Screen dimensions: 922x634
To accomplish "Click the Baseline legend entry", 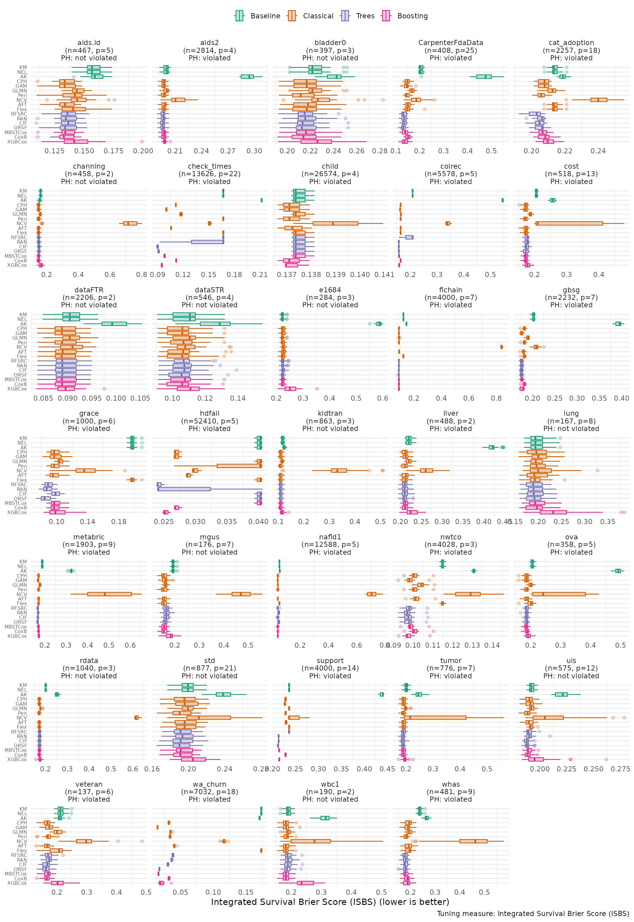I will [x=258, y=16].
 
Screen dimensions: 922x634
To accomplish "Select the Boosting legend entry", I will [x=404, y=16].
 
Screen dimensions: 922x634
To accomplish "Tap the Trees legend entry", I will [x=358, y=16].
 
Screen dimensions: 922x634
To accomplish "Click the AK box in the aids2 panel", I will [x=247, y=77].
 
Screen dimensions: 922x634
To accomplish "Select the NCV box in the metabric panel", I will [x=109, y=594].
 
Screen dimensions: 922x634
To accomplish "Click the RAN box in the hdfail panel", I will [x=184, y=489].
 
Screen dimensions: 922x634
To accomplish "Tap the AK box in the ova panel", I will [x=618, y=571].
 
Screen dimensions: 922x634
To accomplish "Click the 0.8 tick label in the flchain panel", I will [x=496, y=398].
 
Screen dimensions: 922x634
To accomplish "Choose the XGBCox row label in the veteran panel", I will [x=17, y=883].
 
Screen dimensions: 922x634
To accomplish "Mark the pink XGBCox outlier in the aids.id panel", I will [x=142, y=142].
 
